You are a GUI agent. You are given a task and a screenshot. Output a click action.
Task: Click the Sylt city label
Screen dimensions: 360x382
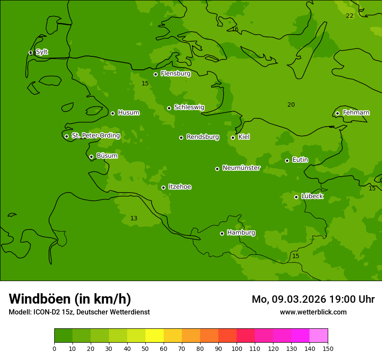(42, 52)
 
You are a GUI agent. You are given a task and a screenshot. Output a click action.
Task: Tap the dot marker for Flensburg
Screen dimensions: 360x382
(155, 74)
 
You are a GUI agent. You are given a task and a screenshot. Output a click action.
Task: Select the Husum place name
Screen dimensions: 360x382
(128, 113)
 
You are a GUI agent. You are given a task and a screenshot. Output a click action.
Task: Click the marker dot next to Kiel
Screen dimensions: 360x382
(233, 137)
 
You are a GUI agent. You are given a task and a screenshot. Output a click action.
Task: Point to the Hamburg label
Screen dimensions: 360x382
(241, 232)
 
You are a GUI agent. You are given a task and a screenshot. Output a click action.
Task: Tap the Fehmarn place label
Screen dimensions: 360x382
(356, 113)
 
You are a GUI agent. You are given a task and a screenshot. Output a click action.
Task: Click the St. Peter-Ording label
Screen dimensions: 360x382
(95, 136)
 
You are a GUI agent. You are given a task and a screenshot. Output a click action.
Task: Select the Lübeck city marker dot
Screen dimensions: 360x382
(296, 197)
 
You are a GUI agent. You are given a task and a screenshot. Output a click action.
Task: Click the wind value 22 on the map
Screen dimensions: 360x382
(349, 16)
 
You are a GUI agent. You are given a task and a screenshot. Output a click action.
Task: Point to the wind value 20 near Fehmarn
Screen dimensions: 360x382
(291, 105)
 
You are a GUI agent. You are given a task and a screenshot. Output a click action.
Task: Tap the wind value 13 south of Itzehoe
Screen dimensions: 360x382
(134, 219)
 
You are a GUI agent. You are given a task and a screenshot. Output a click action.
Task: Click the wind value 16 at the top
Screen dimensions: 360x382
(235, 29)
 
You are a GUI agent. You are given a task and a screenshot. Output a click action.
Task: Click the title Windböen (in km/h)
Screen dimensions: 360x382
(70, 299)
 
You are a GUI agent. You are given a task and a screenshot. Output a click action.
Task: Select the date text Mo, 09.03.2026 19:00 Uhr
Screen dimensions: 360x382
(313, 299)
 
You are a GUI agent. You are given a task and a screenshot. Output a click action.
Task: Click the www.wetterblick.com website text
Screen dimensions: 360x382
(313, 312)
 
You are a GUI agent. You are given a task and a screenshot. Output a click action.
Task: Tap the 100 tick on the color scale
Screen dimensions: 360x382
(237, 348)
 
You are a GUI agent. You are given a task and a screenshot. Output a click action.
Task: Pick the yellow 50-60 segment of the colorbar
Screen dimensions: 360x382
(155, 335)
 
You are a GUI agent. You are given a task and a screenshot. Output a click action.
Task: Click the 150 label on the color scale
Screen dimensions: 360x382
(328, 348)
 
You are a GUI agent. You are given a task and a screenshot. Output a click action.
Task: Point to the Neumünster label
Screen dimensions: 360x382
(241, 168)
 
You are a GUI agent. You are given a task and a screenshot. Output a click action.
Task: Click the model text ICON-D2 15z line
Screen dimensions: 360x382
(79, 312)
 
